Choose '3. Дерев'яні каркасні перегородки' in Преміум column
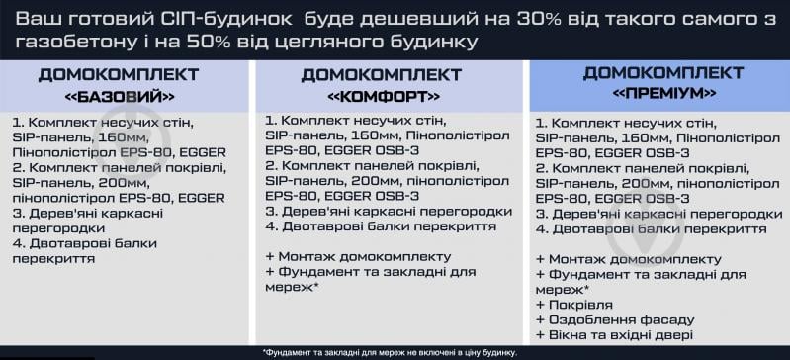click(652, 214)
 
